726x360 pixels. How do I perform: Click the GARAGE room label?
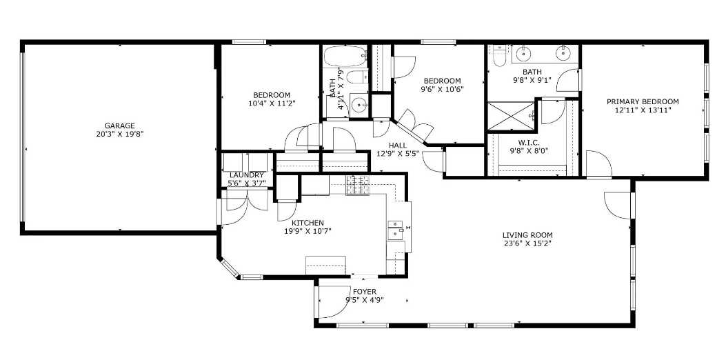coord(119,126)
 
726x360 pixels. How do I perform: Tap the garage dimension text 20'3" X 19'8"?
coord(119,134)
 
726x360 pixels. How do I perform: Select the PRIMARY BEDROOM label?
coord(643,102)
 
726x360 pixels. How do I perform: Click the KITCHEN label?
coord(307,223)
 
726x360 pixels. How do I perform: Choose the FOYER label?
coord(365,292)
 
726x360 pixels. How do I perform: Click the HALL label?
coord(399,146)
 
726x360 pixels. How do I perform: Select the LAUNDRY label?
coord(247,174)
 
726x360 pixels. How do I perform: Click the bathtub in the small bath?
coord(345,57)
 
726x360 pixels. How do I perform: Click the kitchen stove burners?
coord(357,186)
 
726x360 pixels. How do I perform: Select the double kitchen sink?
coord(395,230)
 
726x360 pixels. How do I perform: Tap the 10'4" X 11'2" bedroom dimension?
coord(272,103)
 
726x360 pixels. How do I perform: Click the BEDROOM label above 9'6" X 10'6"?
coord(442,81)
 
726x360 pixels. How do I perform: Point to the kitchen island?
coord(325,265)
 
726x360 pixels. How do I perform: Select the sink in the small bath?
coord(359,105)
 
